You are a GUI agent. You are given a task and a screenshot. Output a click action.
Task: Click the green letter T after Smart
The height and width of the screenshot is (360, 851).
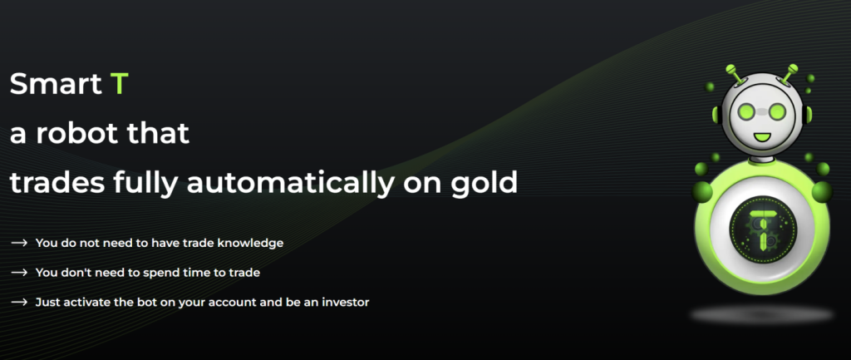[x=119, y=84]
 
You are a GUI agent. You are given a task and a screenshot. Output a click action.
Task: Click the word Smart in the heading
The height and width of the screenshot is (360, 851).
[x=56, y=84]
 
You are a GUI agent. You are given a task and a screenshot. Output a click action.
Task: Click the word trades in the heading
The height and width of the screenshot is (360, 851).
[x=57, y=184]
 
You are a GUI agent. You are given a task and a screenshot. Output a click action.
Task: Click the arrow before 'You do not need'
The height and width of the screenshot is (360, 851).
[x=19, y=243]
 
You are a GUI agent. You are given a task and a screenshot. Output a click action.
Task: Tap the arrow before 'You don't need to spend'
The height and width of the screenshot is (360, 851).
[x=19, y=273]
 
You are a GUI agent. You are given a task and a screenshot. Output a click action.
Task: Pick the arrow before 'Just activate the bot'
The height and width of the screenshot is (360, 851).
[x=19, y=302]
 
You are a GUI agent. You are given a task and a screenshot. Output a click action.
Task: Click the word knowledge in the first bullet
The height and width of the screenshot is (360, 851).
[x=250, y=244]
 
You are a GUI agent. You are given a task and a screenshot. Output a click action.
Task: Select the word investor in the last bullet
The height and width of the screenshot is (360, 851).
[x=346, y=302]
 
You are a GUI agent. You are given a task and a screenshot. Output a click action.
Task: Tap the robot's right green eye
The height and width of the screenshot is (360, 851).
[x=778, y=112]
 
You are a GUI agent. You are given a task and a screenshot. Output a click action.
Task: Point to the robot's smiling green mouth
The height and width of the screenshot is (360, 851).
[x=762, y=135]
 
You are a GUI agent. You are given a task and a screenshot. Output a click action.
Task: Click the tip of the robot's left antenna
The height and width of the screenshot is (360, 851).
[x=730, y=69]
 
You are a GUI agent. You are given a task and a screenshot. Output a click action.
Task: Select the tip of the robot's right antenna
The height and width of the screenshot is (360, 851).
[x=793, y=68]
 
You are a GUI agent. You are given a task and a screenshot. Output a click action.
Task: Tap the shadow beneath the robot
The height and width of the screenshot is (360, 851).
[x=761, y=314]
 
